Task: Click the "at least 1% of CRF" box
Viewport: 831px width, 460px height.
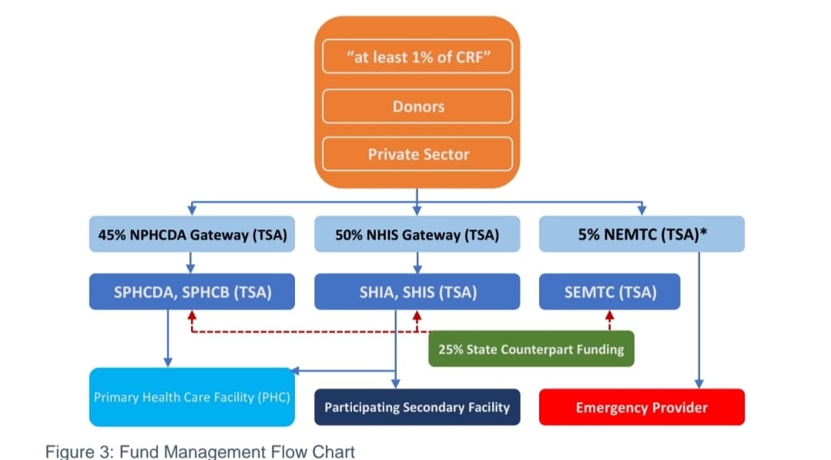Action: pos(417,58)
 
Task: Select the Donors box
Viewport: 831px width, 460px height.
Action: pos(417,106)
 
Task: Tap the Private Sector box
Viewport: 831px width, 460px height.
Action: pos(417,154)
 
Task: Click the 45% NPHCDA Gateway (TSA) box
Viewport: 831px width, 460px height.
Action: pos(192,235)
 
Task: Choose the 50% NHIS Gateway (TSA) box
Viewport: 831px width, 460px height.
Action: pos(417,235)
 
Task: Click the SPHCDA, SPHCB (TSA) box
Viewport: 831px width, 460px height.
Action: pos(192,292)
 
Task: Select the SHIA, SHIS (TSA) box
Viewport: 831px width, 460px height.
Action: pos(417,292)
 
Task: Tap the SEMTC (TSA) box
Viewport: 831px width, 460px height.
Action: pos(610,292)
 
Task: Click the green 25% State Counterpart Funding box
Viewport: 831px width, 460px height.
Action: pos(531,349)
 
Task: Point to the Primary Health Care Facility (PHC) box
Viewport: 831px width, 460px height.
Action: pos(191,398)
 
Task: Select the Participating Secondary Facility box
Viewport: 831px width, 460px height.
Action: pos(417,407)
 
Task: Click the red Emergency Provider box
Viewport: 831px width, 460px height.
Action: pos(642,407)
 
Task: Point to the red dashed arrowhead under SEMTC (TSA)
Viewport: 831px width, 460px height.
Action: pos(610,315)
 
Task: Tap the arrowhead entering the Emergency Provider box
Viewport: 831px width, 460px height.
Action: pos(699,383)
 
